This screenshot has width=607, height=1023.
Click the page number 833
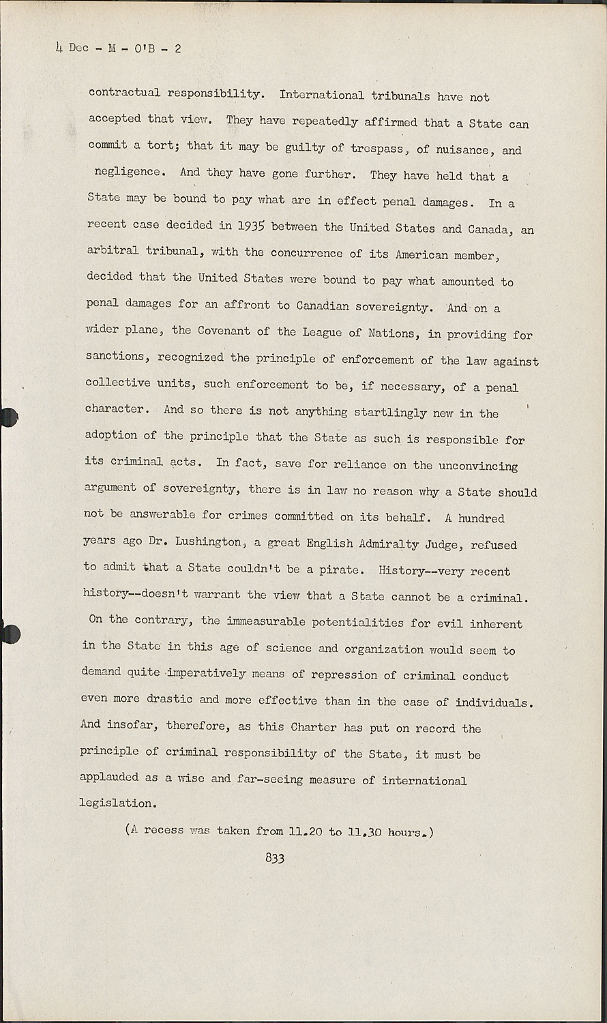(x=275, y=858)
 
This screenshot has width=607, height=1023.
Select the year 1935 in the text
(x=246, y=227)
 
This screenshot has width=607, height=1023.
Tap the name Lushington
(x=208, y=542)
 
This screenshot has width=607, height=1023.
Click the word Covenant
(x=223, y=331)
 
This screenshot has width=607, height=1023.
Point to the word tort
(x=162, y=146)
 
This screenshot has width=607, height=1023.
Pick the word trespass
(x=376, y=149)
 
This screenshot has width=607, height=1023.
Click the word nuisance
(x=462, y=150)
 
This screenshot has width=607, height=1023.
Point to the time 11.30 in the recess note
(x=365, y=832)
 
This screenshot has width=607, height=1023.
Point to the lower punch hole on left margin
(x=8, y=634)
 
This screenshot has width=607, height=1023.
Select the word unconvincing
(x=477, y=466)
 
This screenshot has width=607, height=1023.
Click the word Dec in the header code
(x=78, y=48)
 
